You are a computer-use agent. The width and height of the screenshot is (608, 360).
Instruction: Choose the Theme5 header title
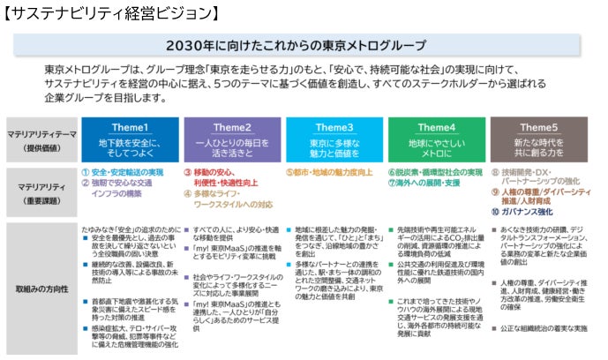[x=538, y=126]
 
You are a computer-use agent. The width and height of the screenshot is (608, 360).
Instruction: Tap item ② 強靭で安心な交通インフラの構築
[x=125, y=188]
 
